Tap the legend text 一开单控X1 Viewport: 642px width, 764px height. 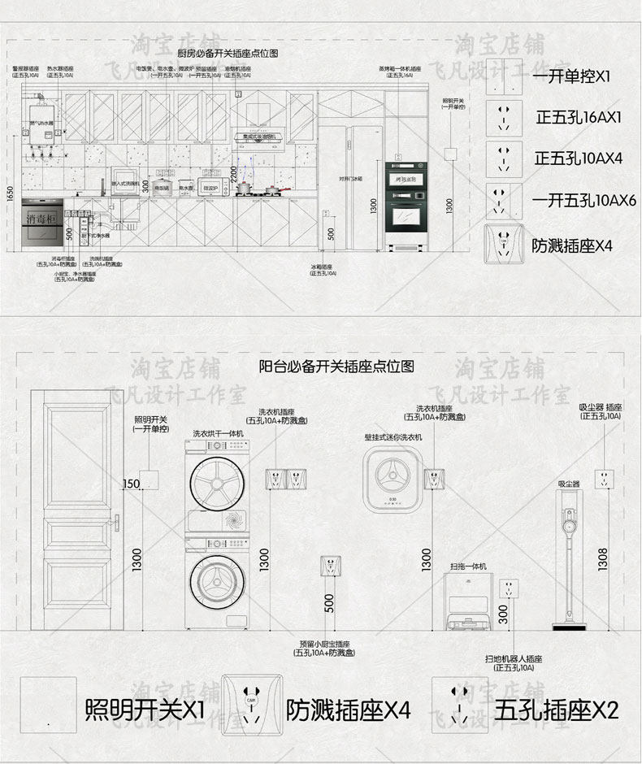pos(570,78)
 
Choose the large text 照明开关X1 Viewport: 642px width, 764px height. pos(145,710)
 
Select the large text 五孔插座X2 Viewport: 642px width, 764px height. pos(557,710)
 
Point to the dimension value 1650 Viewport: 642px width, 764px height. pos(10,194)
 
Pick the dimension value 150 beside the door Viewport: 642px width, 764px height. pos(132,485)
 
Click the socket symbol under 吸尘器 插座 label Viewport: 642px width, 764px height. pos(603,477)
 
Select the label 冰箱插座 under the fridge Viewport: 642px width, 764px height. pos(322,267)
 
